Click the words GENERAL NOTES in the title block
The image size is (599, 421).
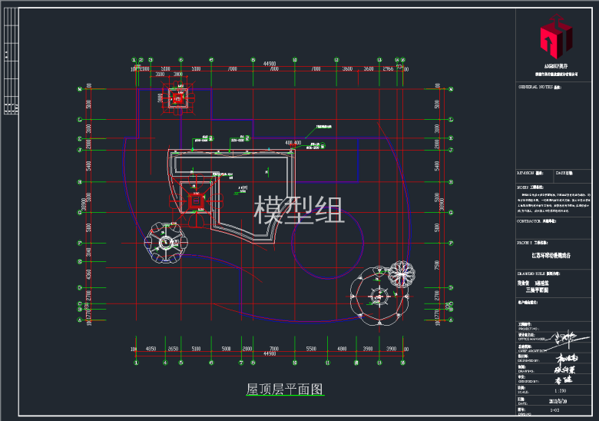point(536,88)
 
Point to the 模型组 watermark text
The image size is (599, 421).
point(299,209)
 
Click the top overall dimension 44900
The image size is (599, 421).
point(270,63)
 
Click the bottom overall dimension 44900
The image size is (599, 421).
point(270,354)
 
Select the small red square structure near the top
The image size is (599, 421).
point(179,98)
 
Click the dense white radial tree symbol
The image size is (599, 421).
point(402,273)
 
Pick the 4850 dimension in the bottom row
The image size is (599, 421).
point(151,349)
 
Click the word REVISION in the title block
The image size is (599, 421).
point(530,174)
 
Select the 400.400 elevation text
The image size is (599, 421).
point(293,143)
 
